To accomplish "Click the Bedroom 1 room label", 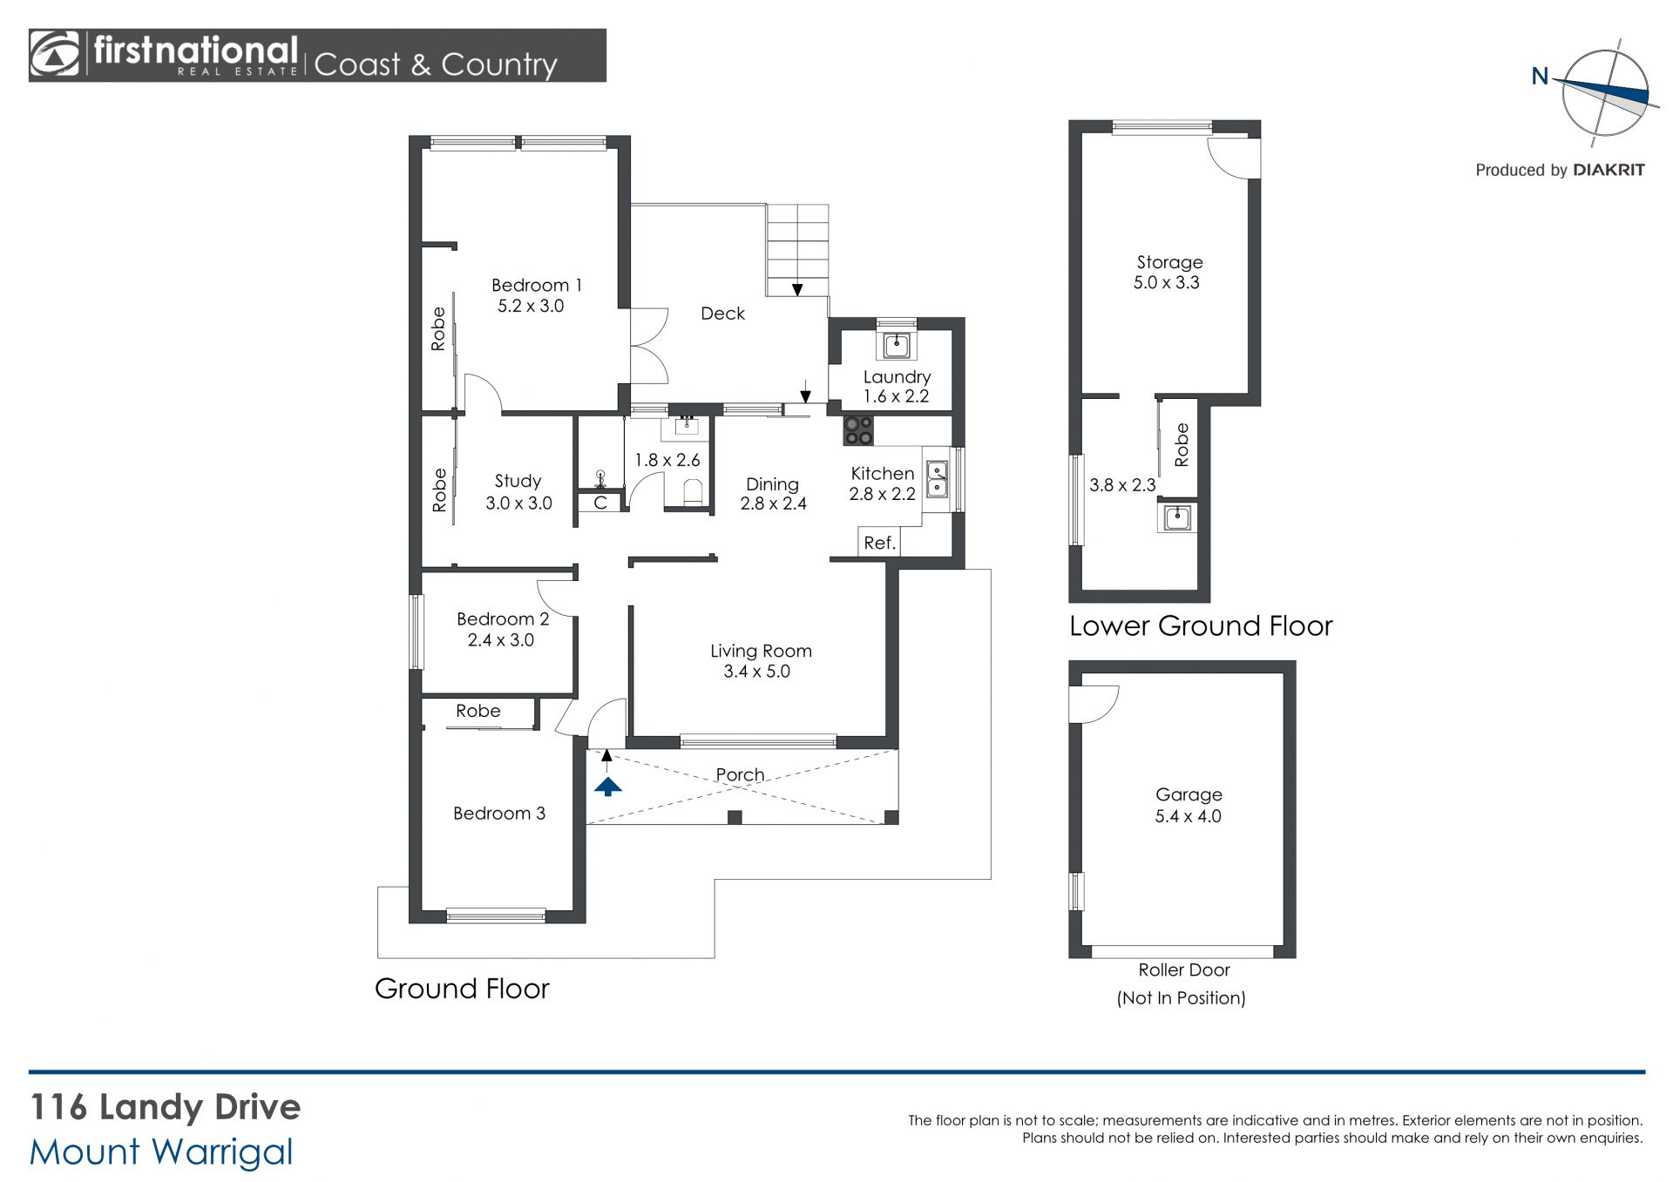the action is (x=536, y=286).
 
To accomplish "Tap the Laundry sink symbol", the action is (x=896, y=345).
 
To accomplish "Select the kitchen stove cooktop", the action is (x=858, y=430).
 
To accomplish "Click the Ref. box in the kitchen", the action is (x=879, y=543).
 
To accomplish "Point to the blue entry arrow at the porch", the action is (x=607, y=787).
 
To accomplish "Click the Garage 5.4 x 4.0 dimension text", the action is (x=1188, y=817).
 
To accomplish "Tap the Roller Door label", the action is (x=1183, y=970).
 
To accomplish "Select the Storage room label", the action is (x=1169, y=262).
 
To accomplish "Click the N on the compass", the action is (x=1540, y=77).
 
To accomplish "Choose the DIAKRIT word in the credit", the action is (x=1609, y=171).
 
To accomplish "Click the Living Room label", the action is (x=761, y=651).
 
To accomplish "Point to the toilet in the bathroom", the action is (x=693, y=492).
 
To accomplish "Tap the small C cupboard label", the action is (x=599, y=503).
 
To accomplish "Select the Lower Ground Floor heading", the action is (x=1201, y=626).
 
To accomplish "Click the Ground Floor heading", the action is (x=462, y=989).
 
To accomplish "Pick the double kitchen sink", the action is (x=936, y=480).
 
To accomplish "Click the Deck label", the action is (x=722, y=314).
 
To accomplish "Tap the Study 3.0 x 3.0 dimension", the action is (x=518, y=503).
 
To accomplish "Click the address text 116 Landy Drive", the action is (x=166, y=1107).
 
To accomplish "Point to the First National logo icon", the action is (x=54, y=55).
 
